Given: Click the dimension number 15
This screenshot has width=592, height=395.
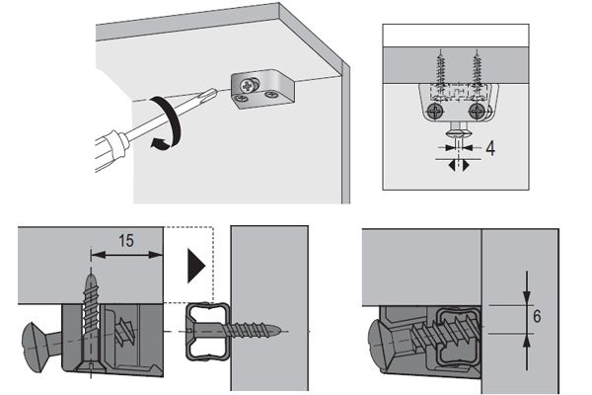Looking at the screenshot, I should [125, 241].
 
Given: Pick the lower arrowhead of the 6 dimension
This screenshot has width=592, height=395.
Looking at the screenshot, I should [526, 342].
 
